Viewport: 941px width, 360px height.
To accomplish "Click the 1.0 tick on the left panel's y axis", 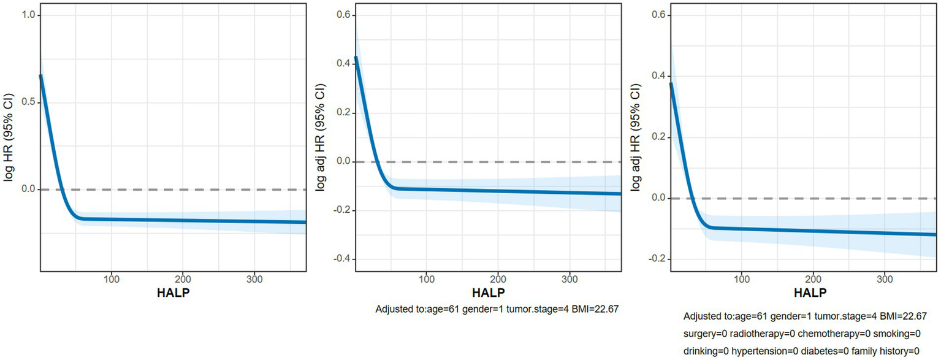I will [x=28, y=15].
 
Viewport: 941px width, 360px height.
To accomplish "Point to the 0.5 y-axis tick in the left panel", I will [x=28, y=102].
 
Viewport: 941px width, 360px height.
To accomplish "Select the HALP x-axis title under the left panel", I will [x=173, y=292].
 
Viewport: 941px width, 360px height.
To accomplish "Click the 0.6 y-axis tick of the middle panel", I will [x=342, y=15].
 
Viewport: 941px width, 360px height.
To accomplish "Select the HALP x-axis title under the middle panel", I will [x=489, y=292].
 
